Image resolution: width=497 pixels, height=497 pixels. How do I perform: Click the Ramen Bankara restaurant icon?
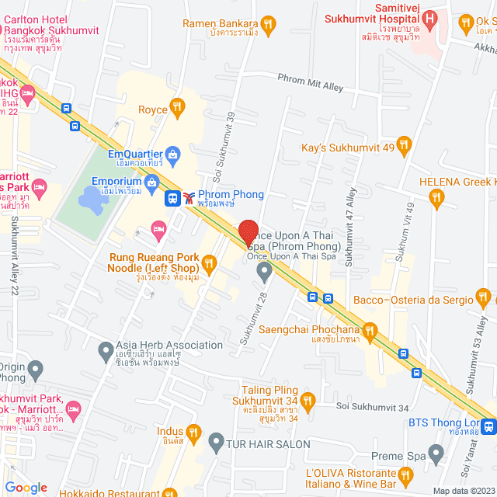268,24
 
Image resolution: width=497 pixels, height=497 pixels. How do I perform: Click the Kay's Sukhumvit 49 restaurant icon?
402,144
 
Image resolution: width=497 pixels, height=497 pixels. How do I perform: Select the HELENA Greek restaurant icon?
436,199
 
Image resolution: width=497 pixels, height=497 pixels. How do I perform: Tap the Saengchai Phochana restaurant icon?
370,332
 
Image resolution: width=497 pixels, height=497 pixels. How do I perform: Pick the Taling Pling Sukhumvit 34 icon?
308,400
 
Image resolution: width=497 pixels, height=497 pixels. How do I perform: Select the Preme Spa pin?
436,451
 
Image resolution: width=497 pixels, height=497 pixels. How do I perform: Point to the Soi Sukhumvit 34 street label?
372,407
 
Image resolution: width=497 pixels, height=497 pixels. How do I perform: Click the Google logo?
26,487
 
